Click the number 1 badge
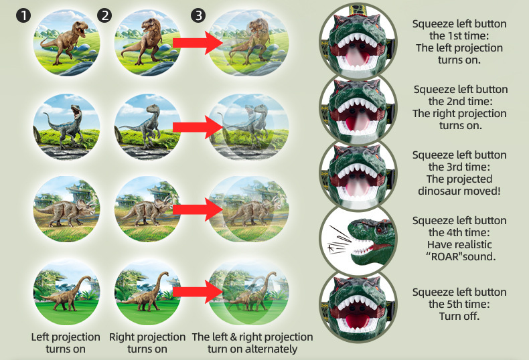pyautogui.click(x=24, y=15)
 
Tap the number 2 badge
pyautogui.click(x=104, y=15)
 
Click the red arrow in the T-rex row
pyautogui.click(x=196, y=43)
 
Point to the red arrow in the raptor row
pyautogui.click(x=196, y=124)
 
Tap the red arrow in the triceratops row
pyautogui.click(x=196, y=209)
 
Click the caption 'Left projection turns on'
pyautogui.click(x=66, y=343)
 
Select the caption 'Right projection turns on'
pyautogui.click(x=147, y=343)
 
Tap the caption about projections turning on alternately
pyautogui.click(x=252, y=343)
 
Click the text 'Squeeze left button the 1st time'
pyautogui.click(x=459, y=30)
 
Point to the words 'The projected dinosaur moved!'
pyautogui.click(x=459, y=185)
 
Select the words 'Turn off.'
pyautogui.click(x=459, y=316)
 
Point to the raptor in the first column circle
pyautogui.click(x=66, y=125)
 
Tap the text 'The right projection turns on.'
pyautogui.click(x=459, y=119)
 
